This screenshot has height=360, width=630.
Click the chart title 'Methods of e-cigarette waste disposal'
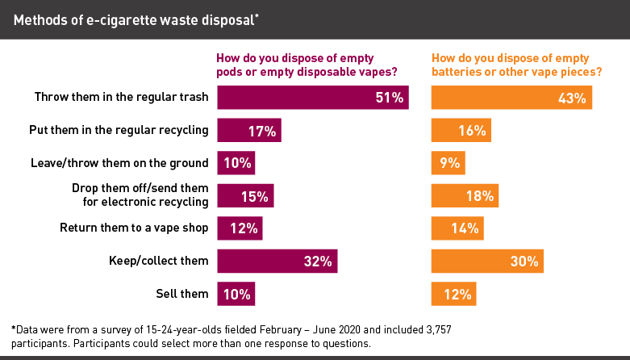136,19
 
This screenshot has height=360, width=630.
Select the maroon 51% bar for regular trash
313,98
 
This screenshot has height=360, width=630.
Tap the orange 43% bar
512,98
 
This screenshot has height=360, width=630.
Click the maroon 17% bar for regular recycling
249,130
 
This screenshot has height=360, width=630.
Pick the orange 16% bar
461,130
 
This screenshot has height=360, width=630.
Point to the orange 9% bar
449,163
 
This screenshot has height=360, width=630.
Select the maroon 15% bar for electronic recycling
246,195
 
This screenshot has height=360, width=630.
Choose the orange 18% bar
465,195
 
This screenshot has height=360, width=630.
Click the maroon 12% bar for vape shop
240,228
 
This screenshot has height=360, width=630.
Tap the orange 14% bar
457,228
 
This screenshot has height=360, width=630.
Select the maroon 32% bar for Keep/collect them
277,261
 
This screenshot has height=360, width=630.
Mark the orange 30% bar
487,261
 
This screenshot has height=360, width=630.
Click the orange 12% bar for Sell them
453,294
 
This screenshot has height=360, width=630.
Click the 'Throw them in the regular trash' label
122,98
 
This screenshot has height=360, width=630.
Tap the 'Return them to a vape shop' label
135,228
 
